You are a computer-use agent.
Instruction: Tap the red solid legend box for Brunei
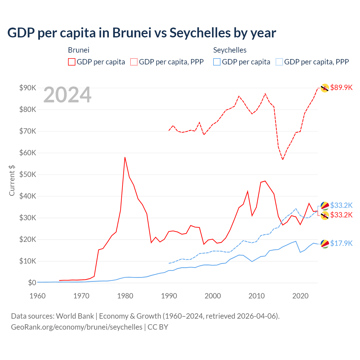pos(72,62)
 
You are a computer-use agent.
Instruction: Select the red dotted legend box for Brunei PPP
pos(134,62)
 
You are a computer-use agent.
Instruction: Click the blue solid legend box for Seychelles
pos(217,62)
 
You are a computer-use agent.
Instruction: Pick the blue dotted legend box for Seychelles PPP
pos(279,62)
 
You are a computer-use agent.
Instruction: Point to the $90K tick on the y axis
pos(28,88)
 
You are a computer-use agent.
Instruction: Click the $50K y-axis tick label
pos(28,174)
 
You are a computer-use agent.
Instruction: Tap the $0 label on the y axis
pos(32,283)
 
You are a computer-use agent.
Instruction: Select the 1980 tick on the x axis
pos(125,296)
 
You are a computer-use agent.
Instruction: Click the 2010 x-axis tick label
pos(256,296)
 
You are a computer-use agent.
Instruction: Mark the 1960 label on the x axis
pos(37,296)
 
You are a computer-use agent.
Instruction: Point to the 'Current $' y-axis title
pos(12,181)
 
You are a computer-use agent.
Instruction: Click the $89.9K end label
pos(341,87)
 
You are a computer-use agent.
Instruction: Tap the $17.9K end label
pos(341,243)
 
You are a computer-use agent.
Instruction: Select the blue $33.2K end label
pos(341,205)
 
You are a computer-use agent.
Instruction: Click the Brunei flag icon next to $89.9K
pos(325,88)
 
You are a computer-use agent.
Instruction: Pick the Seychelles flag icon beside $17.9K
pos(325,244)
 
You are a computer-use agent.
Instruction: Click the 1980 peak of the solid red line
pos(125,157)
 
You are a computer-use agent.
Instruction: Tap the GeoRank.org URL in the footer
pos(77,327)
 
